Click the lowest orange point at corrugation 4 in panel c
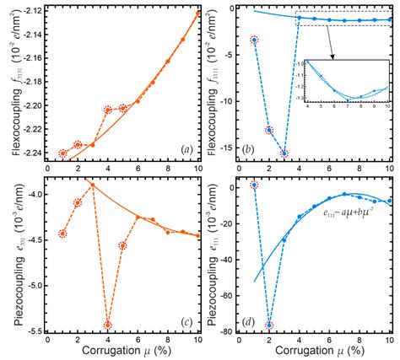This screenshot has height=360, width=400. (x=108, y=325)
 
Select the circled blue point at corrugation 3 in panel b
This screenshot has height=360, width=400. (x=284, y=153)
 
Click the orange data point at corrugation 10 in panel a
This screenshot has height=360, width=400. (x=198, y=13)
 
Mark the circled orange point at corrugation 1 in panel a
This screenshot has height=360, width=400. (x=63, y=153)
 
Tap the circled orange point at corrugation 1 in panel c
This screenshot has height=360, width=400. (x=62, y=234)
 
